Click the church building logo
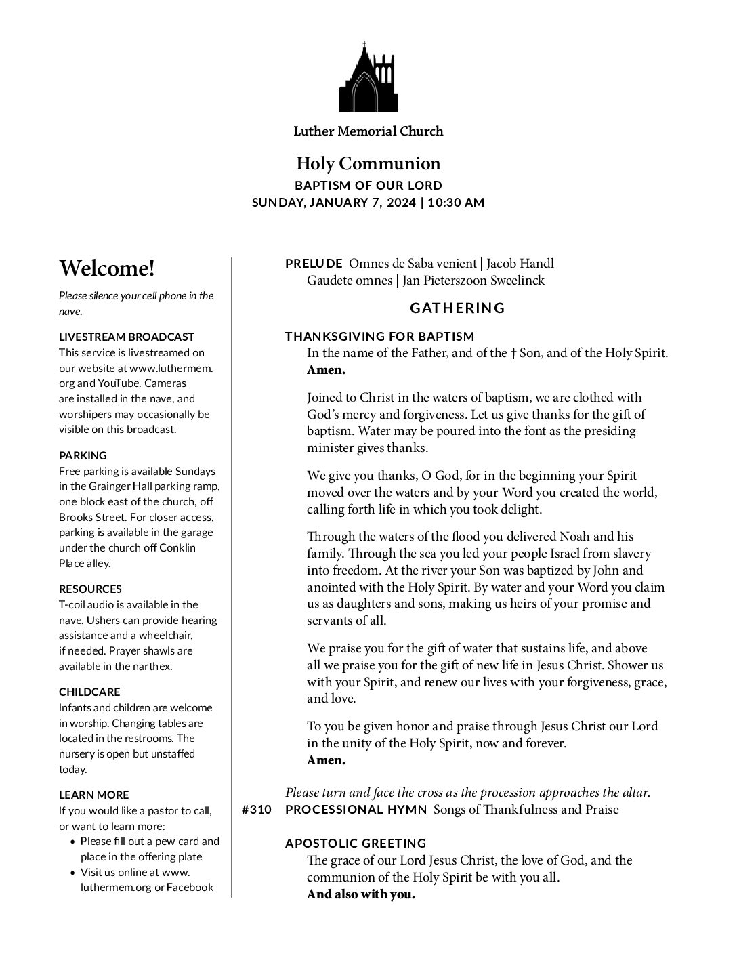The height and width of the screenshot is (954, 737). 368,77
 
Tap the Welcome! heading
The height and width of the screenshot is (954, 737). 107,269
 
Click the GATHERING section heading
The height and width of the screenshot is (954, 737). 457,308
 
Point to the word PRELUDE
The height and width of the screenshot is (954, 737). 314,264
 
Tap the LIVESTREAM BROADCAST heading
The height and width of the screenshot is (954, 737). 127,337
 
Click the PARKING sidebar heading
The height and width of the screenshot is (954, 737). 83,455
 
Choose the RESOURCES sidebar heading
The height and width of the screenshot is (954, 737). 90,589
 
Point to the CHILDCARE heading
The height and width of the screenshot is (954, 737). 89,692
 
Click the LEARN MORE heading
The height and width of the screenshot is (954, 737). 93,795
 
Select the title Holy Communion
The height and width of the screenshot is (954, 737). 368,163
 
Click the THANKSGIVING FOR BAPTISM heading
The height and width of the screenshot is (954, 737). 380,337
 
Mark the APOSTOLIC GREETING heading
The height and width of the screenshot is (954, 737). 356,844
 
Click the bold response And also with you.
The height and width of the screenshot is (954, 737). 360,894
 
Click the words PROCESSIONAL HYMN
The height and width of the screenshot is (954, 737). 356,810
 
